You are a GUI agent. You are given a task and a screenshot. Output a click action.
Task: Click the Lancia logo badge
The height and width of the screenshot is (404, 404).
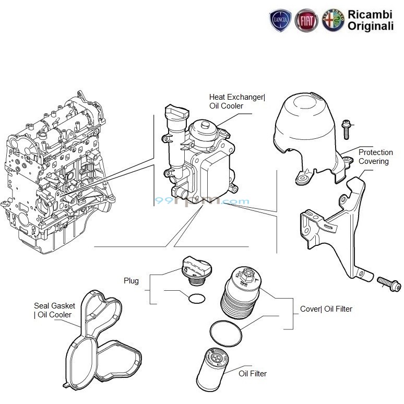click(280, 20)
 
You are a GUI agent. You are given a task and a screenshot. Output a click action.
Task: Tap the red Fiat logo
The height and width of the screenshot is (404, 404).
click(306, 20)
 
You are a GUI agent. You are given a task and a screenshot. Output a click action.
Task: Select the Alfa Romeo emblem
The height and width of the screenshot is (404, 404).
click(333, 20)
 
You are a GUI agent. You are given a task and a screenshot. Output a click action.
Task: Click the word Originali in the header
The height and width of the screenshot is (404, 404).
click(371, 26)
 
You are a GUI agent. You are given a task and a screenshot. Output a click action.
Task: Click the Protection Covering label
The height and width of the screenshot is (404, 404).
click(375, 157)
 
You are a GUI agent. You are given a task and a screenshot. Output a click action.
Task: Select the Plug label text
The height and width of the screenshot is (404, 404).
click(132, 281)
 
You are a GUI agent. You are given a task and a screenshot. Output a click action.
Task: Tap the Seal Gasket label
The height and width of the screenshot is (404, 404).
click(54, 310)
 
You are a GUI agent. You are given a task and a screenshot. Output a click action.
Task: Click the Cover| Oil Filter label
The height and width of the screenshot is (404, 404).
click(326, 309)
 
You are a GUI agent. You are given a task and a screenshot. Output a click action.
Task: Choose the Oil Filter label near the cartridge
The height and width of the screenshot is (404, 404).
click(253, 374)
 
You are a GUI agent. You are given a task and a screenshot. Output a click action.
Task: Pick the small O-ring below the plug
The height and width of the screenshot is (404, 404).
click(196, 299)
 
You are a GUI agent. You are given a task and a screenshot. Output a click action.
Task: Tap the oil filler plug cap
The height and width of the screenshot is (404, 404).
click(197, 268)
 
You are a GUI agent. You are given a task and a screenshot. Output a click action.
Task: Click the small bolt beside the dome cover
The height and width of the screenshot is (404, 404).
click(346, 128)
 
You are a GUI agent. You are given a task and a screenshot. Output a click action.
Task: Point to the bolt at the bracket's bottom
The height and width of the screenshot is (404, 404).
click(388, 283)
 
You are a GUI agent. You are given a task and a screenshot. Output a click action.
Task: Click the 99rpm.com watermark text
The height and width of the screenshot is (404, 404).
click(201, 201)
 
